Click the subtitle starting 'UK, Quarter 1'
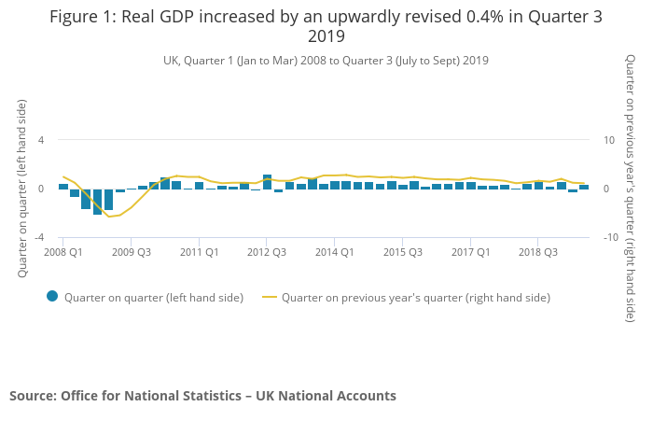pyautogui.click(x=326, y=61)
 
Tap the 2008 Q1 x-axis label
pyautogui.click(x=63, y=252)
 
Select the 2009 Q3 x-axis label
pyautogui.click(x=132, y=252)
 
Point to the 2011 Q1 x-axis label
pyautogui.click(x=199, y=252)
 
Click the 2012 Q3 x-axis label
pyautogui.click(x=267, y=252)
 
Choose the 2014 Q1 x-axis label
pyautogui.click(x=334, y=252)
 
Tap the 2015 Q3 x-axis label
pyautogui.click(x=402, y=252)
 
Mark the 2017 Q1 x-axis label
pyautogui.click(x=469, y=252)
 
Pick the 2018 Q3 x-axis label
pyautogui.click(x=537, y=252)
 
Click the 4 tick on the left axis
pyautogui.click(x=41, y=140)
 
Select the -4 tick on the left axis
pyautogui.click(x=39, y=237)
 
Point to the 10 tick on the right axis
pyautogui.click(x=610, y=140)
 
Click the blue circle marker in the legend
pyautogui.click(x=52, y=297)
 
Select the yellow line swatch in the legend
pyautogui.click(x=270, y=298)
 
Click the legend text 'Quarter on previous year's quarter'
pyautogui.click(x=416, y=298)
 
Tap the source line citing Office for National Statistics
pyautogui.click(x=202, y=396)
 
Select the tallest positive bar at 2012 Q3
pyautogui.click(x=267, y=181)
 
